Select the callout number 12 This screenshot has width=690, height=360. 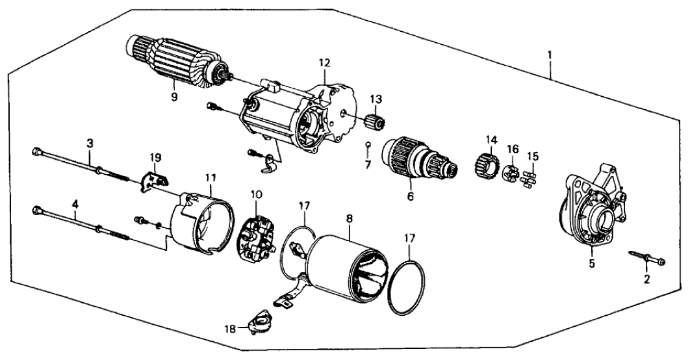click(x=324, y=62)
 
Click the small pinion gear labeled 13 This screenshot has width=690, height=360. click(x=374, y=121)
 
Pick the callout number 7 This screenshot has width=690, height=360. click(x=368, y=164)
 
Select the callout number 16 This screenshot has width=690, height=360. click(x=513, y=149)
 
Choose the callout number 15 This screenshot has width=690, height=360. click(x=533, y=156)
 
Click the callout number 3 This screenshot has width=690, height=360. click(x=90, y=142)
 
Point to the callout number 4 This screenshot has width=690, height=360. click(x=76, y=203)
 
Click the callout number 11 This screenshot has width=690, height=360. click(x=209, y=176)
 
